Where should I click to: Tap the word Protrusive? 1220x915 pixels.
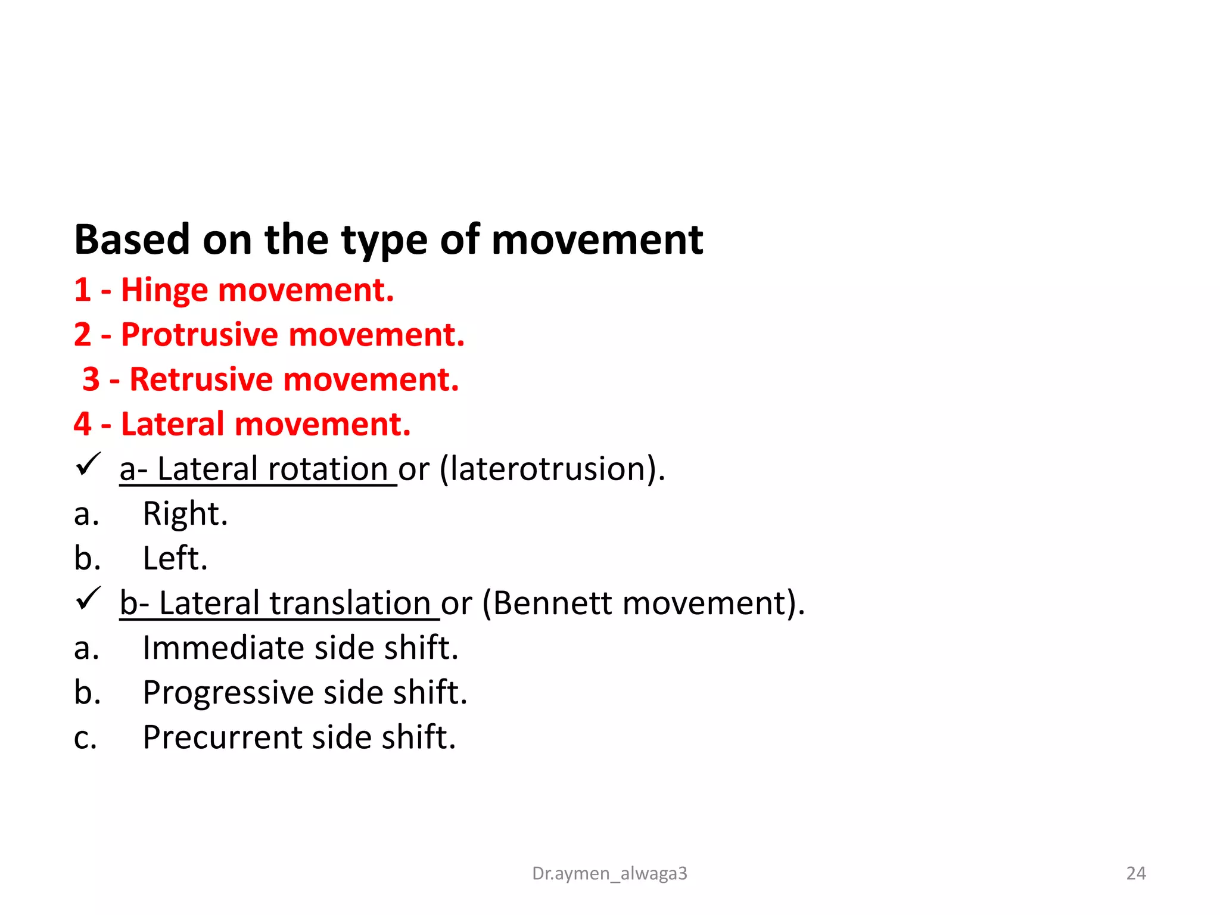[x=200, y=335]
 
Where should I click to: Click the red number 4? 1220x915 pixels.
[x=82, y=424]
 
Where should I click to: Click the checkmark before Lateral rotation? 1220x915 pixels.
[x=88, y=465]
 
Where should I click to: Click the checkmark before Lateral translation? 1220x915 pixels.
[x=88, y=599]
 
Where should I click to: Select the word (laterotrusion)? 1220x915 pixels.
[x=552, y=469]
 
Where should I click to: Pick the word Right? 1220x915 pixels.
[x=185, y=513]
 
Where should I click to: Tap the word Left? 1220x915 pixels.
[x=175, y=558]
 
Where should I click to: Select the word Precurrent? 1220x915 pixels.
[x=223, y=737]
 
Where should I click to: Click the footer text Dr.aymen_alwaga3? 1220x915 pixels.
[x=609, y=873]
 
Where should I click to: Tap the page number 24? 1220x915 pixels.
[x=1135, y=873]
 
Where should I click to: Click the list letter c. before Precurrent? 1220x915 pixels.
[x=85, y=737]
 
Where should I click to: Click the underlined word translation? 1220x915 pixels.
[x=350, y=603]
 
